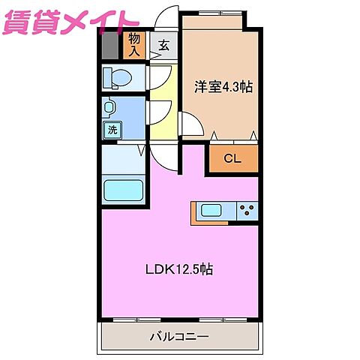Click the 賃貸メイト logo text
point(71,22)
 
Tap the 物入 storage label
point(135,44)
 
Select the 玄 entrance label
point(163,45)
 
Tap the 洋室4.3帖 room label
point(223,86)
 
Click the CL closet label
point(232,159)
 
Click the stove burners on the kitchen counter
point(247,211)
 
